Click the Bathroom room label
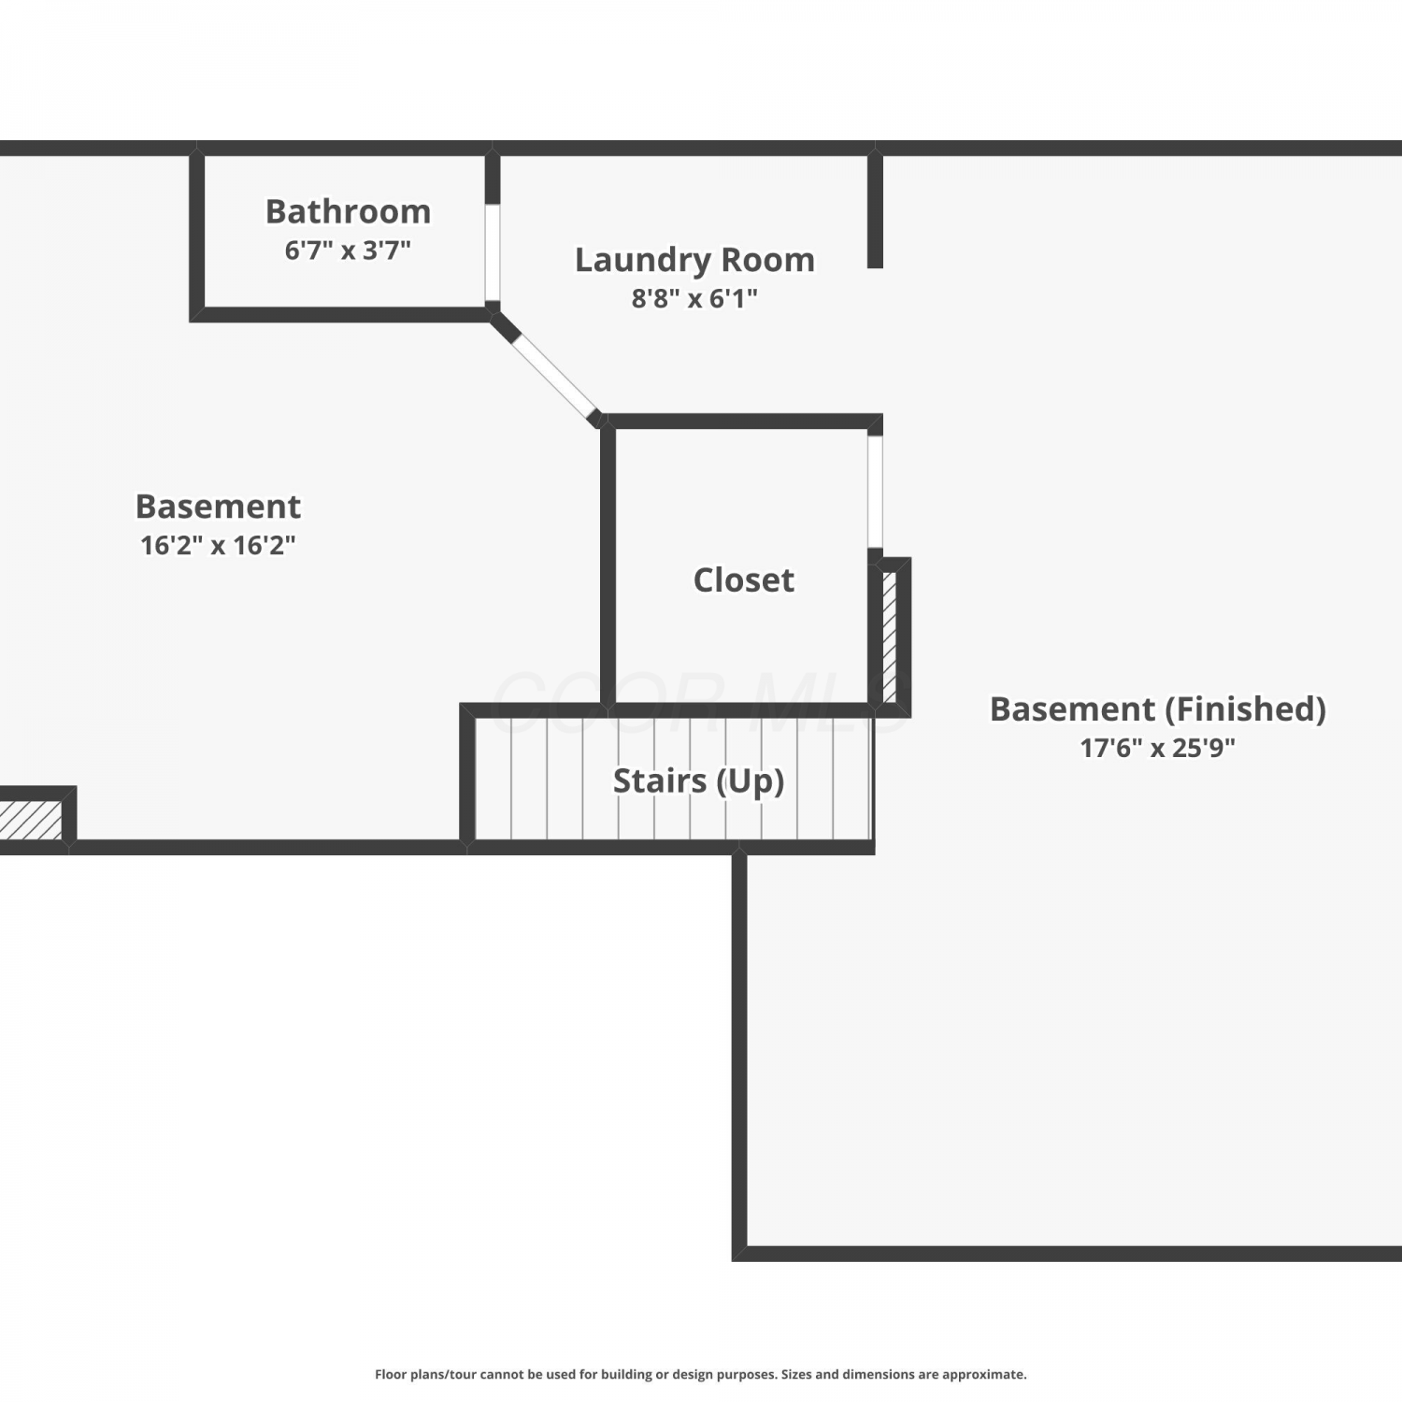tap(348, 211)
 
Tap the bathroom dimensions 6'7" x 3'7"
tap(348, 250)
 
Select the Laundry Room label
tap(694, 260)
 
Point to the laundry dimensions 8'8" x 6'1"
tap(694, 299)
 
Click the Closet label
tap(744, 580)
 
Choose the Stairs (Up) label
tap(698, 781)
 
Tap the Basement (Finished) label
tap(1158, 709)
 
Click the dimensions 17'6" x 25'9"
tap(1158, 748)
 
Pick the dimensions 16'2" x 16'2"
tap(218, 545)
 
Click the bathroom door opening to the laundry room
tap(493, 252)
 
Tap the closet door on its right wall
tap(875, 492)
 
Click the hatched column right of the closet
tap(890, 637)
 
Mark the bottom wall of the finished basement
tap(1066, 1253)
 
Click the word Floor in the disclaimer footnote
tap(391, 1374)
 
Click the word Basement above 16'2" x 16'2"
tap(218, 507)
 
